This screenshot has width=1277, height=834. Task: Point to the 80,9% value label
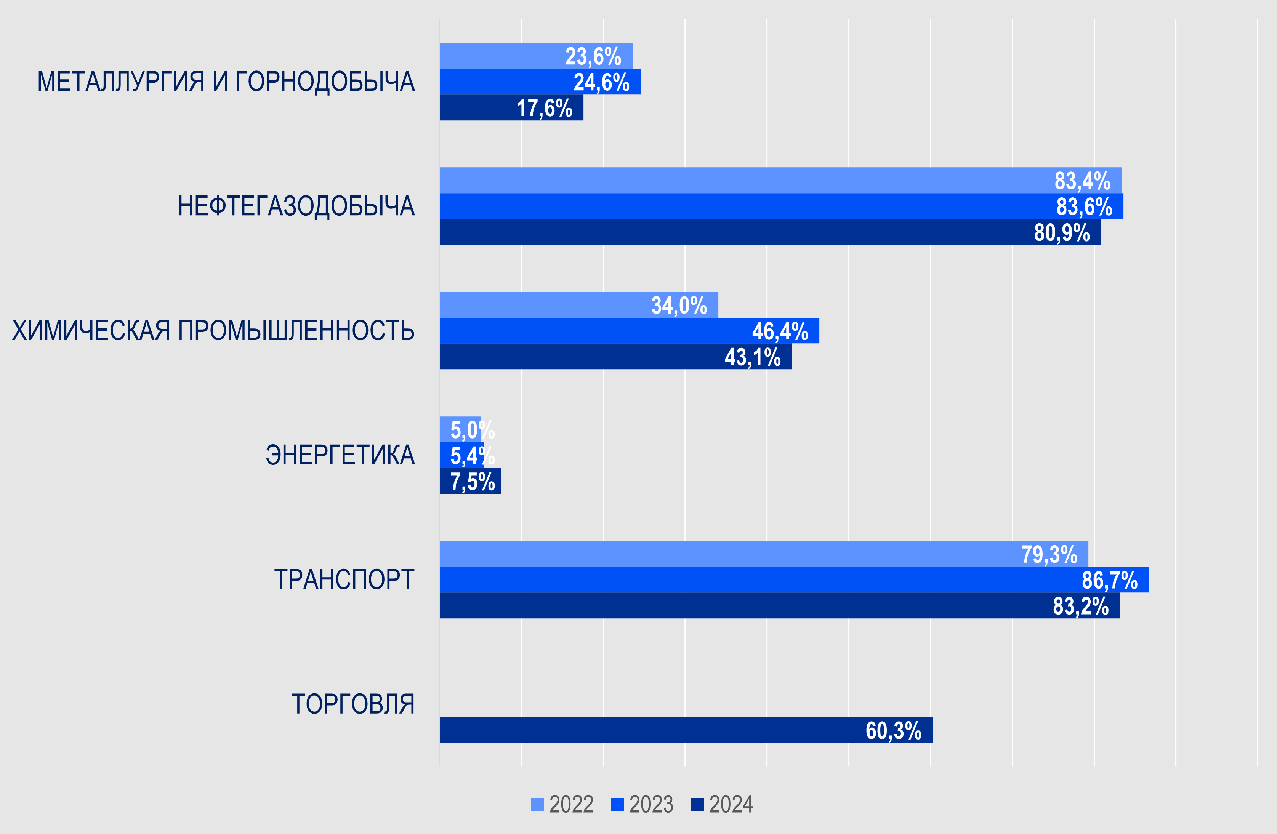click(1061, 233)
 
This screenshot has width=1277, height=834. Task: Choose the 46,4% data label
click(780, 331)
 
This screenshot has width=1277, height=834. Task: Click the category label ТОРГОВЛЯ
click(352, 704)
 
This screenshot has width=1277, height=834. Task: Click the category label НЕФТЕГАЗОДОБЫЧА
click(296, 206)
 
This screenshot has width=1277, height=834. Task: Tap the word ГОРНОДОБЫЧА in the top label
click(325, 82)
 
